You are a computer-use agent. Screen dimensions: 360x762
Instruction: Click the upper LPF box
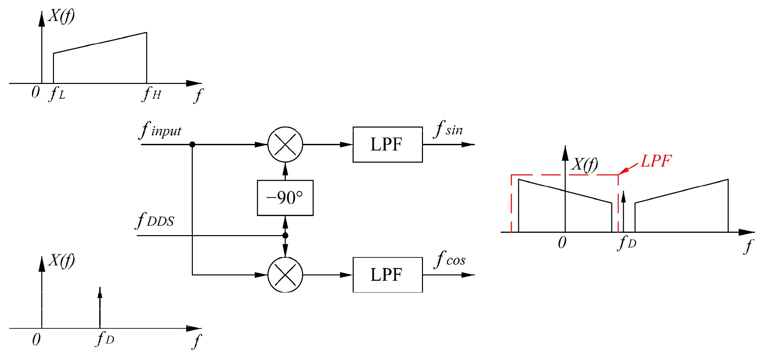387,145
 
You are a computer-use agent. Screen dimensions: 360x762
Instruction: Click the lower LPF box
387,275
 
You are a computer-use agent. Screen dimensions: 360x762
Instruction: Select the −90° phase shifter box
285,198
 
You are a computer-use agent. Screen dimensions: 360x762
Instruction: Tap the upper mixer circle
285,145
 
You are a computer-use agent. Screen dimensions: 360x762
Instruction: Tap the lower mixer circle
285,275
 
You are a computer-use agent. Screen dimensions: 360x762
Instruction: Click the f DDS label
155,220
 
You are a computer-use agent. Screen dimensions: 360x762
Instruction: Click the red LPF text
656,161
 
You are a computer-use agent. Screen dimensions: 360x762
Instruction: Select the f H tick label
152,94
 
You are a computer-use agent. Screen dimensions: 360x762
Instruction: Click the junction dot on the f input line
192,145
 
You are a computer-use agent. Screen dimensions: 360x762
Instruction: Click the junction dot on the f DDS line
285,235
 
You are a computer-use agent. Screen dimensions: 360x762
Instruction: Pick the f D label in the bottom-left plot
105,339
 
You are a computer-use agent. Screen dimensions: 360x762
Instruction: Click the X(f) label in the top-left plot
62,16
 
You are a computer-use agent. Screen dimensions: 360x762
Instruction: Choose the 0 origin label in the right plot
562,242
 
